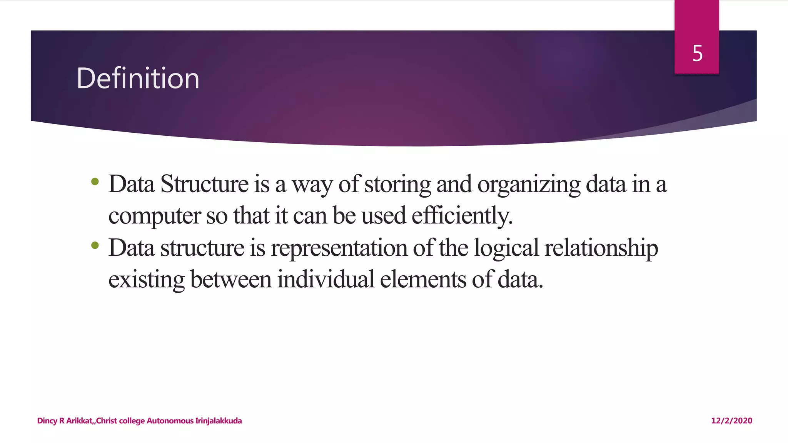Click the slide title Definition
(138, 78)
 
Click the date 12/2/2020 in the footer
(731, 421)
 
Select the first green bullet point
(95, 182)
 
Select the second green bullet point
(95, 245)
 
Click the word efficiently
(462, 215)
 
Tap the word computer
(154, 216)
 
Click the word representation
(339, 248)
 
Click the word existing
(146, 280)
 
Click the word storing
(397, 185)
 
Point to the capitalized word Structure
(204, 184)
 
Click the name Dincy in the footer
(47, 421)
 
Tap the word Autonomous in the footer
(170, 421)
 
